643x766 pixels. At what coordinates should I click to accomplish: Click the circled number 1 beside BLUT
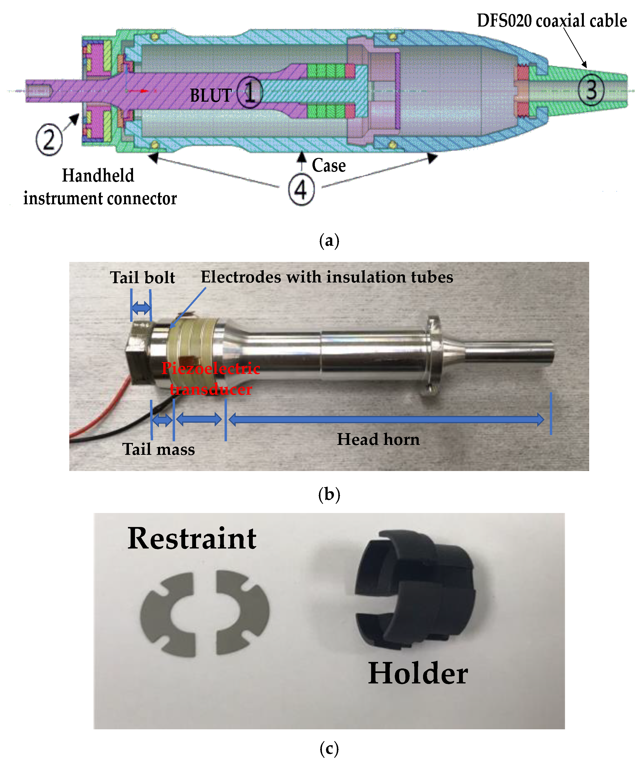point(250,93)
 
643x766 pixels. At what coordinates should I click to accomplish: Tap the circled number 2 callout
point(49,140)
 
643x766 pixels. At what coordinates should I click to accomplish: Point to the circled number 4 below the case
point(301,190)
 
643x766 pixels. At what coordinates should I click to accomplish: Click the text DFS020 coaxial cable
point(551,21)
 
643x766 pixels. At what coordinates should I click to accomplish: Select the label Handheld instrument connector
point(100,187)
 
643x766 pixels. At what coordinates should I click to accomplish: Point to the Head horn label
point(378,439)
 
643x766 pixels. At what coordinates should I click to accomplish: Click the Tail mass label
point(158,449)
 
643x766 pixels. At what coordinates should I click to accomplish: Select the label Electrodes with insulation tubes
point(327,277)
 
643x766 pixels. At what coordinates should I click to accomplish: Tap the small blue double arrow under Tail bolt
point(141,308)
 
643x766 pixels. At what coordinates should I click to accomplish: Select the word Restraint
point(192,539)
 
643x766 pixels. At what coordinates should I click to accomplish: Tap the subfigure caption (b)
point(329,495)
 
